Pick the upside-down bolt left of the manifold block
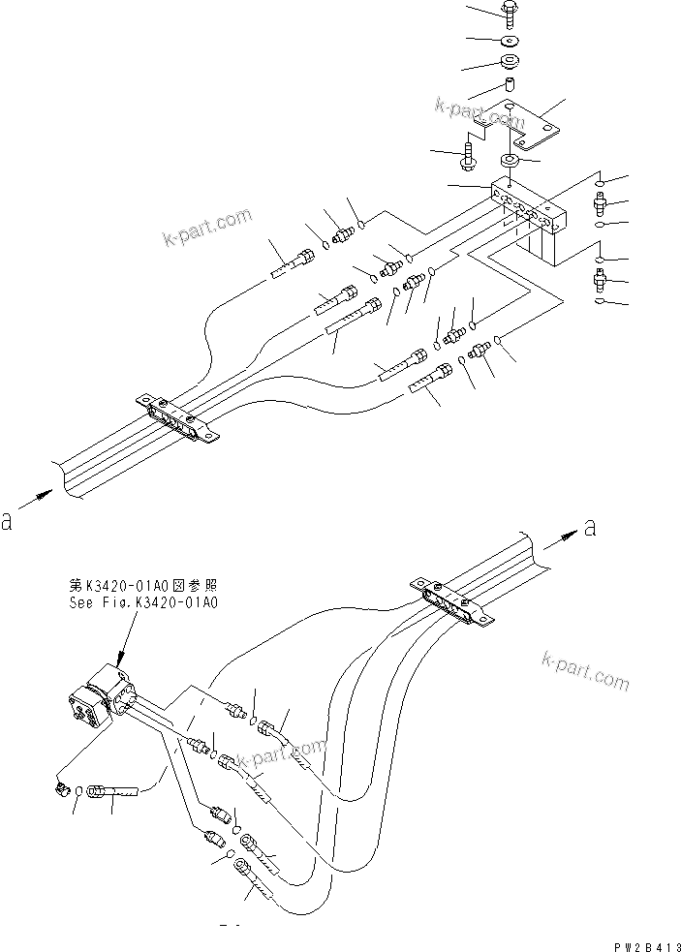pos(469,153)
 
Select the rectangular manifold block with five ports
pos(528,207)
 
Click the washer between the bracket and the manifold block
pos(510,159)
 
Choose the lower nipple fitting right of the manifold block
pos(599,282)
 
